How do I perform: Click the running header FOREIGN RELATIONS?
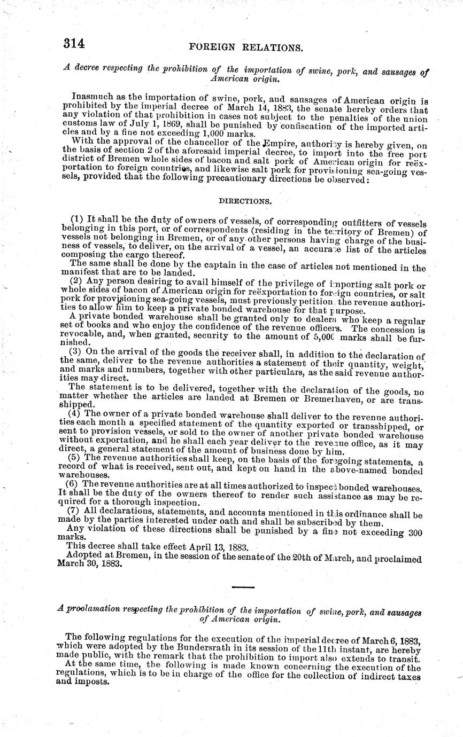[246, 48]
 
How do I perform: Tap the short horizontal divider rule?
[243, 587]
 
